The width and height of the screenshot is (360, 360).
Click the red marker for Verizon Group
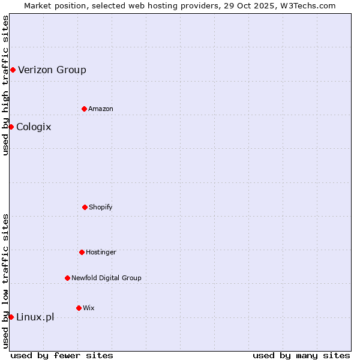click(x=13, y=70)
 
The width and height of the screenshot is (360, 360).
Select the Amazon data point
click(x=84, y=109)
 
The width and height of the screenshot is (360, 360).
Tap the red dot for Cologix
click(x=11, y=127)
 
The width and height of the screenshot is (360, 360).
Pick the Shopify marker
click(x=85, y=207)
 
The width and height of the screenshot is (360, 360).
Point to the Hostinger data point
click(x=82, y=252)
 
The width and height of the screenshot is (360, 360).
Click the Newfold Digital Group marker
click(x=67, y=278)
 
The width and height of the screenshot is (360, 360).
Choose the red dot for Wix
click(x=79, y=308)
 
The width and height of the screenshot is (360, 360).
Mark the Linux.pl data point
click(x=11, y=317)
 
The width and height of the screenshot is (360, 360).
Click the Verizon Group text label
click(x=52, y=70)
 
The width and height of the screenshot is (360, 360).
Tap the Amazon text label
click(x=101, y=109)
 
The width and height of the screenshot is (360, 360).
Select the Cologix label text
click(x=34, y=127)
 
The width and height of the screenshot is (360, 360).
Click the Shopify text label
click(x=101, y=207)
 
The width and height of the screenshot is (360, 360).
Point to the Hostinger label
click(x=101, y=252)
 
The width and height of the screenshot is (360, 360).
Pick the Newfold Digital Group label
click(x=106, y=278)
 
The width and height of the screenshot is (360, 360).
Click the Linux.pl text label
click(x=35, y=317)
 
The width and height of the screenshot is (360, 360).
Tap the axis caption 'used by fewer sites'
click(x=62, y=355)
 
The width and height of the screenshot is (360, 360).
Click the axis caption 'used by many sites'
click(x=301, y=355)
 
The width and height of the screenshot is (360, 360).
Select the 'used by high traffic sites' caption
click(x=5, y=85)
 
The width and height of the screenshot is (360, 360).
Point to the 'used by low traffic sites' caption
click(x=5, y=281)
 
